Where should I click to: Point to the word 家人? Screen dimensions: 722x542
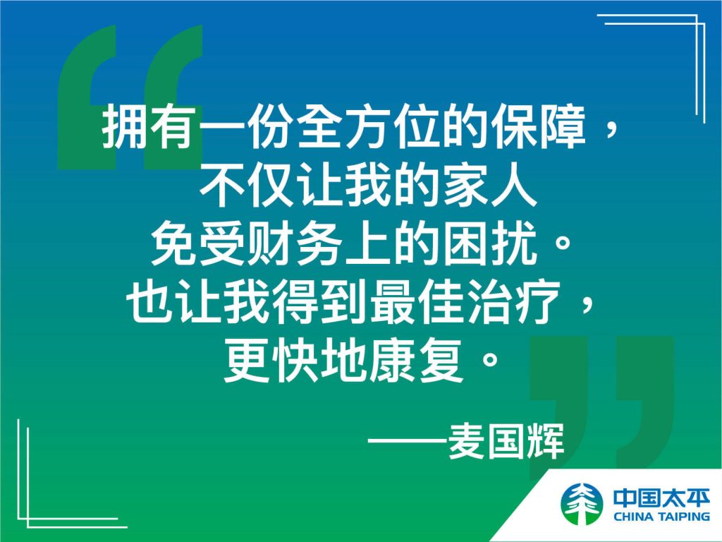click(x=490, y=186)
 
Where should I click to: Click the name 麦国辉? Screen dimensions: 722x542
click(x=506, y=441)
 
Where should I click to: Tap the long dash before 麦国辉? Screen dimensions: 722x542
click(x=407, y=441)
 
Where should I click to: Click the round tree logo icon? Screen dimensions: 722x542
click(x=582, y=504)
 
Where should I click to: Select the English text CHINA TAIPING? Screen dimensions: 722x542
click(x=661, y=516)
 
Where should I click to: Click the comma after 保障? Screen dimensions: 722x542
click(x=611, y=132)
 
